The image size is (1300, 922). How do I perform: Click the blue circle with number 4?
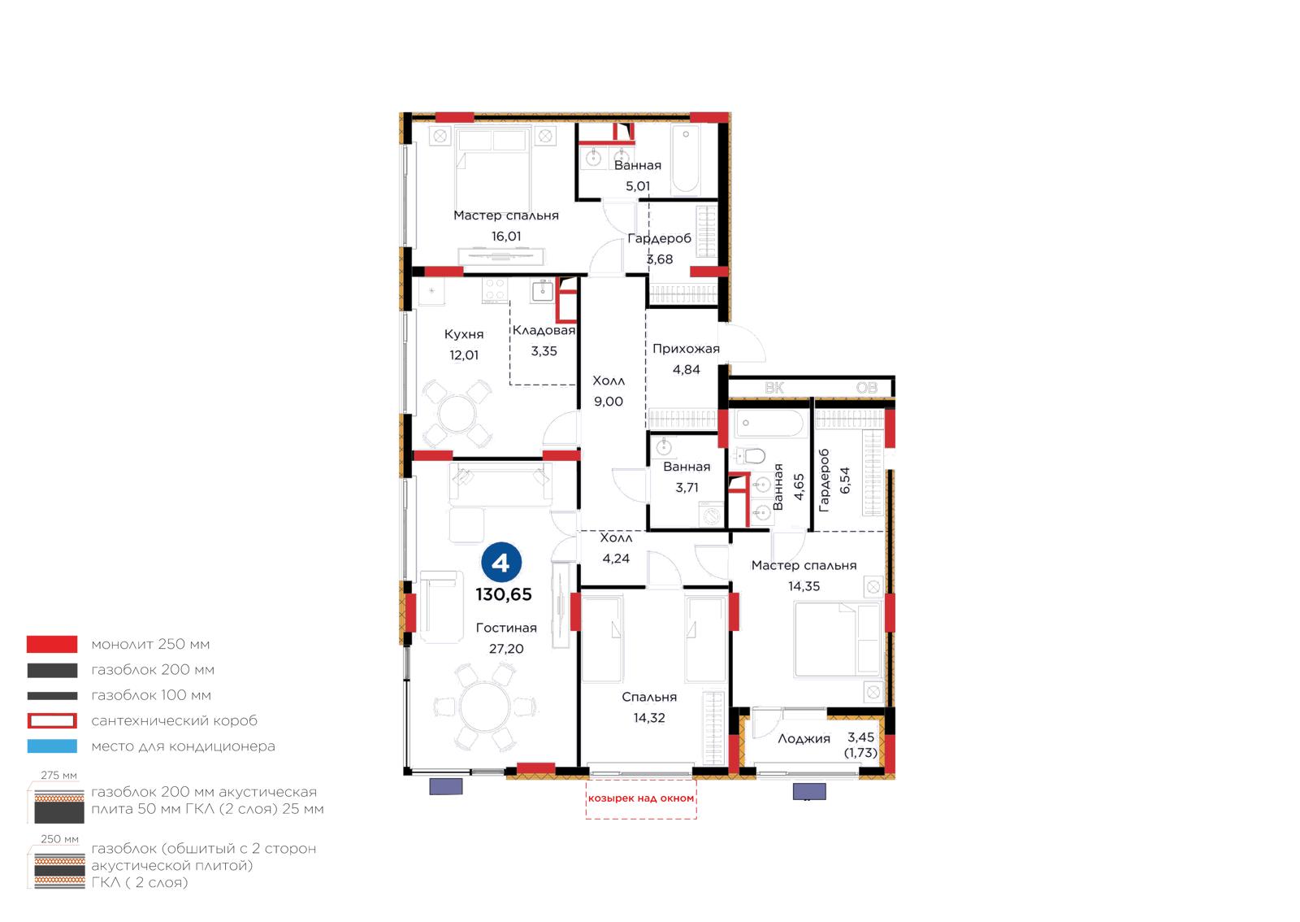[x=500, y=562]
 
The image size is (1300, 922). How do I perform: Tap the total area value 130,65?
[x=504, y=594]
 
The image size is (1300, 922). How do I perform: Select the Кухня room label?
[x=464, y=334]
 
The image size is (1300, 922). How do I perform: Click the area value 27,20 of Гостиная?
[x=506, y=649]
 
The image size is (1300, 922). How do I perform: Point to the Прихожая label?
[x=686, y=349]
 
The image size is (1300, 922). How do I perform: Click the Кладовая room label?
[x=544, y=330]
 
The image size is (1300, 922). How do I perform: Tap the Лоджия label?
[x=804, y=739]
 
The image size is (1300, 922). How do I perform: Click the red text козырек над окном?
[x=641, y=798]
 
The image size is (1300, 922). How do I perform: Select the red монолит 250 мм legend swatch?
[x=52, y=644]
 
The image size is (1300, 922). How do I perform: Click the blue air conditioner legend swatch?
[x=52, y=746]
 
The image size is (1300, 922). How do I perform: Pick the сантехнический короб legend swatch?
[x=52, y=720]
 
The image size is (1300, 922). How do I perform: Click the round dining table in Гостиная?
[x=484, y=707]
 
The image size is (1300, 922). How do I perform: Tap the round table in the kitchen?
[x=457, y=414]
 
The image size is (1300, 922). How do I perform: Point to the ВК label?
[x=774, y=388]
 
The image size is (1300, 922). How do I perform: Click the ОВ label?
[x=867, y=388]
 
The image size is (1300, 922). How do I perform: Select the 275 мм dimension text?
[x=58, y=776]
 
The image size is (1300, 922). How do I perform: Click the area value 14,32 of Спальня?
[x=649, y=718]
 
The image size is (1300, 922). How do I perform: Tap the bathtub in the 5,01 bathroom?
[x=686, y=159]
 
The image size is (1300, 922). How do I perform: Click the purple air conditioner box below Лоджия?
[x=809, y=791]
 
